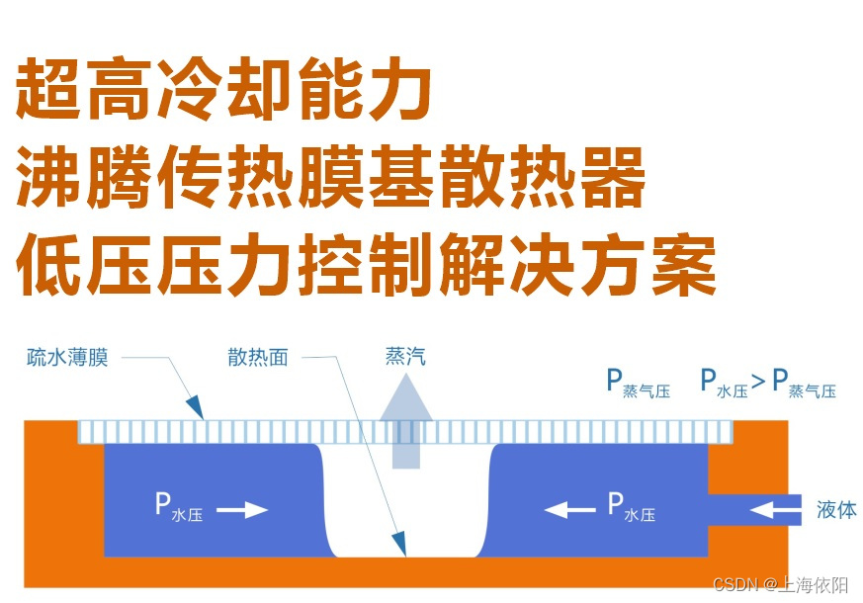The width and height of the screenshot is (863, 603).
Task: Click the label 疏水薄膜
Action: pos(67,357)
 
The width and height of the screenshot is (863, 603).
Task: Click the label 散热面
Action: pos(257,357)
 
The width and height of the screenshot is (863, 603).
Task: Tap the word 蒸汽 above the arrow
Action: pos(405,356)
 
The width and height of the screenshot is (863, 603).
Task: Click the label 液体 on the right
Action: pos(836,510)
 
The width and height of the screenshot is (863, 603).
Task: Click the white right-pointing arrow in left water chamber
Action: pos(242,510)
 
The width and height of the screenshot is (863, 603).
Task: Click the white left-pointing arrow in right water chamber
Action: pos(569,510)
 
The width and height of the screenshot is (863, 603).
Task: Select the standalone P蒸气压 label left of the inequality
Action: pos(638,384)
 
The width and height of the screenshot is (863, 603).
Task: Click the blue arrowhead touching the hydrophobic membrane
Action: pos(196,407)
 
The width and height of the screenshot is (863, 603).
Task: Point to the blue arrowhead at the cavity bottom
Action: pos(398,543)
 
